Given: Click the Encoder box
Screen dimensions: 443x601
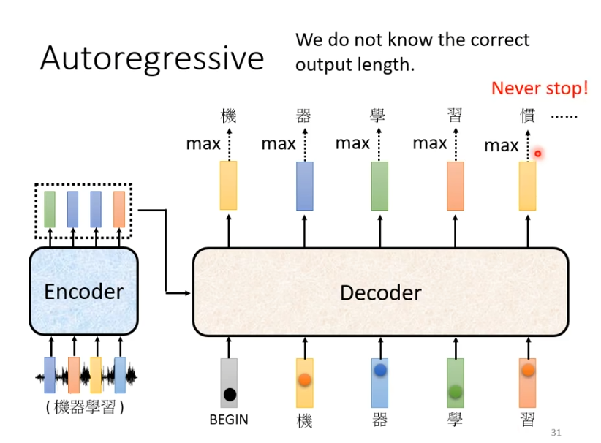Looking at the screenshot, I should click(x=83, y=291).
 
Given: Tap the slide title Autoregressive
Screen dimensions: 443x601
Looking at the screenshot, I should click(x=151, y=58).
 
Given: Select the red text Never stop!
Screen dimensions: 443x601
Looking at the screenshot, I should click(x=539, y=88).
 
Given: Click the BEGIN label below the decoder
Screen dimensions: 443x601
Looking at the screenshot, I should click(x=228, y=420).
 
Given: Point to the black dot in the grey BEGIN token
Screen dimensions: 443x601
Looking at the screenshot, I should click(x=230, y=395).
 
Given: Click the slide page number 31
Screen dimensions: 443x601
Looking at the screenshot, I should click(x=556, y=432).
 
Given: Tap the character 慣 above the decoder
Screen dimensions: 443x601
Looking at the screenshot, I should click(x=527, y=116).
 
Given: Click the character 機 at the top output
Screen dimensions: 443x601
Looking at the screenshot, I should click(x=228, y=116).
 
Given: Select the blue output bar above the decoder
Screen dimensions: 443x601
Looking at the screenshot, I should click(x=305, y=186).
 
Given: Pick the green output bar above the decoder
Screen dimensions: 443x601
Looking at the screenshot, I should click(x=379, y=186).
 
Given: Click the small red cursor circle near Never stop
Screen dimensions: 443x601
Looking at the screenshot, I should click(x=537, y=154).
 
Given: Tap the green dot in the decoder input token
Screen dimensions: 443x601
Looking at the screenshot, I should click(x=456, y=392).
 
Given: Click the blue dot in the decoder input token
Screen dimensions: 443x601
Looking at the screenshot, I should click(x=379, y=371).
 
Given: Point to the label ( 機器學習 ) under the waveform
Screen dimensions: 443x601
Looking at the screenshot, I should click(x=84, y=407).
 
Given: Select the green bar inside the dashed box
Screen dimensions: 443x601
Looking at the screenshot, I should click(x=50, y=208).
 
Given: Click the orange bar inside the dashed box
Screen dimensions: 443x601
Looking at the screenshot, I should click(x=119, y=208).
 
